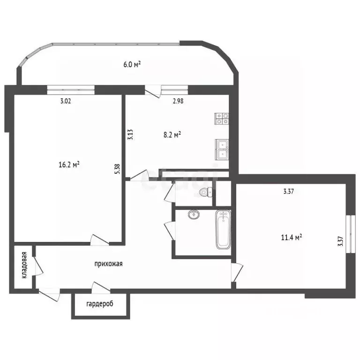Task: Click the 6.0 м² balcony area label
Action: pos(132,64)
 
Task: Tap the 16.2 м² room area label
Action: pos(69,165)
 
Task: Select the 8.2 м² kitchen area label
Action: pos(172,135)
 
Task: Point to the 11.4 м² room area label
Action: pos(292,237)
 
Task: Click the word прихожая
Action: pos(108,264)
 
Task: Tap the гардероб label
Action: pos(100,304)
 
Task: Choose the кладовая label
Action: pos(24,265)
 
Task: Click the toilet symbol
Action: pos(206,192)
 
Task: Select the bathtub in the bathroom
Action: pos(223,230)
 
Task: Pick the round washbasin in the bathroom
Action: pos(194,214)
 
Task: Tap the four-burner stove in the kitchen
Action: pos(222,119)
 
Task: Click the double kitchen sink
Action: pos(222,150)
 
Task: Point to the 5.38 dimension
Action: pos(117,169)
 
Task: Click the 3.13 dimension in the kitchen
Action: pos(130,135)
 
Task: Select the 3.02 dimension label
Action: pos(66,101)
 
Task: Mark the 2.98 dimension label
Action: pos(178,101)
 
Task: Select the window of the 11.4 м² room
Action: pos(351,234)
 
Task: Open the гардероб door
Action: pos(101,287)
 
